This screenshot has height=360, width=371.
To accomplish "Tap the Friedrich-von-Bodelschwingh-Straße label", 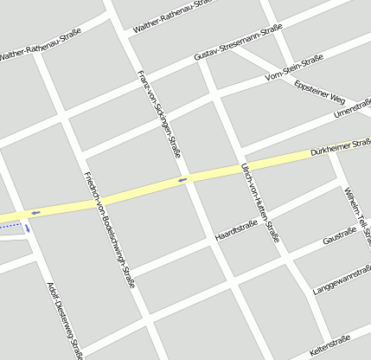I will pyautogui.click(x=109, y=229).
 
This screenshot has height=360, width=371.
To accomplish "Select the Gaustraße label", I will pyautogui.click(x=338, y=235).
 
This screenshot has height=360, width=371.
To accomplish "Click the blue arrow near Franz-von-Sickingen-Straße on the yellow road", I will pyautogui.click(x=182, y=180).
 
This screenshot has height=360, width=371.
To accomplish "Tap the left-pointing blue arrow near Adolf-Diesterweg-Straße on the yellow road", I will pyautogui.click(x=35, y=212).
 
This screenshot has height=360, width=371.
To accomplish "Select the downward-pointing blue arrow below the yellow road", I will pyautogui.click(x=28, y=228).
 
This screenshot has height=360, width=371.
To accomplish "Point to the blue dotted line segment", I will pyautogui.click(x=10, y=226).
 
